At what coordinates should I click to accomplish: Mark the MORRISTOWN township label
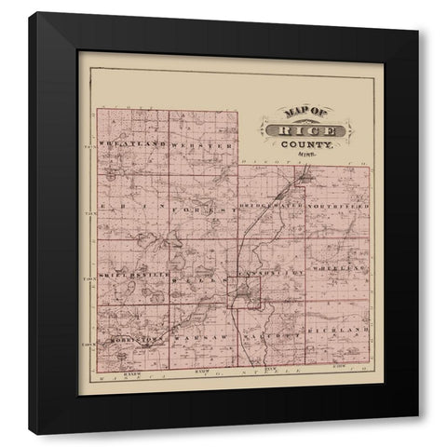pyautogui.click(x=134, y=340)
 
